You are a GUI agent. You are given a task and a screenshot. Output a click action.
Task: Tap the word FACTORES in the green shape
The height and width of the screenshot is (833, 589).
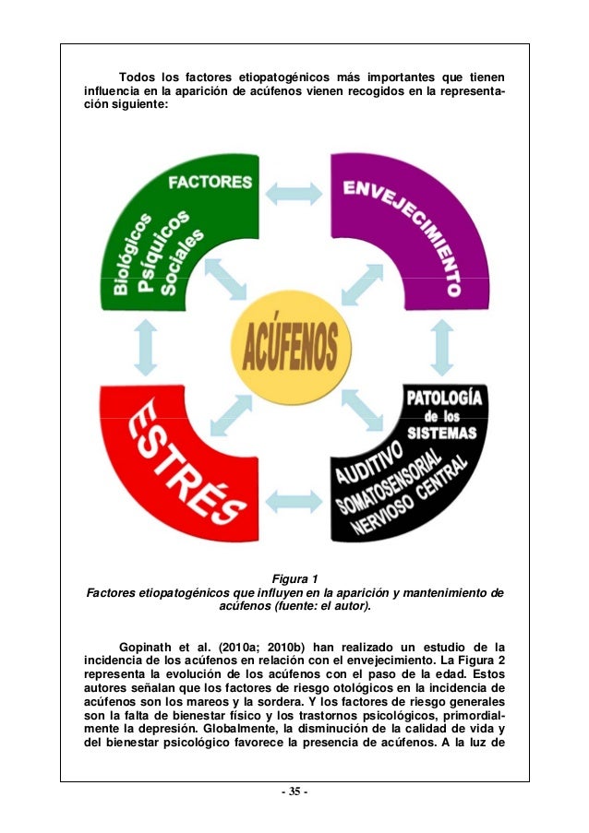point(210,181)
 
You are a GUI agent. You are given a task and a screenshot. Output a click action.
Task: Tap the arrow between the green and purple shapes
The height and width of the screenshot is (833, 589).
point(294,193)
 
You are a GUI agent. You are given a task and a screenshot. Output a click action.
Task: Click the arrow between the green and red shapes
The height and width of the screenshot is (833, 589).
point(144,348)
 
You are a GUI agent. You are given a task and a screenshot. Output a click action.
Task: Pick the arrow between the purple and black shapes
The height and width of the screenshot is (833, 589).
point(441,346)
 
